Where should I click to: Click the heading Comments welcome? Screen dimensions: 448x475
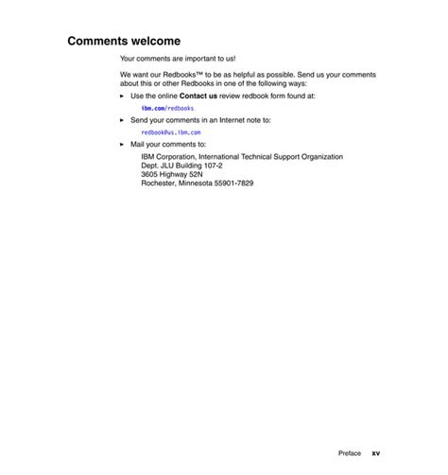point(124,42)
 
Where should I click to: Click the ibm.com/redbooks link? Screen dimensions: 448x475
point(167,109)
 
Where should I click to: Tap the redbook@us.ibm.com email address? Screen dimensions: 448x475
point(171,132)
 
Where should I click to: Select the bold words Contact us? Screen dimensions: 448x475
point(198,96)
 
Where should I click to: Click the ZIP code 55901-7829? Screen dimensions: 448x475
point(233,183)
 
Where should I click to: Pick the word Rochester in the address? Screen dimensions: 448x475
point(158,183)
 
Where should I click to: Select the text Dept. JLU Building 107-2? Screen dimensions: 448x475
point(182,166)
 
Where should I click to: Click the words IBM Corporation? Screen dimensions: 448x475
point(167,157)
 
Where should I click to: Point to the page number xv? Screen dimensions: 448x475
point(375,453)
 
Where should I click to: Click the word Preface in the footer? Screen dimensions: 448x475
point(350,453)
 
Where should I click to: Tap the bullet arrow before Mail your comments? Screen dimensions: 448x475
point(122,145)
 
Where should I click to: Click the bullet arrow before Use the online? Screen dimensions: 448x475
point(122,96)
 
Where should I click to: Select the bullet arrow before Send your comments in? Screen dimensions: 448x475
point(122,120)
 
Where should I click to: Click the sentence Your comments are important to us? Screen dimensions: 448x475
point(178,59)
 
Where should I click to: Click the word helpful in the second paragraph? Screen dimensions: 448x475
point(242,74)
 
